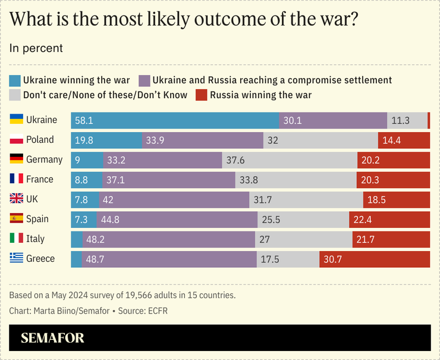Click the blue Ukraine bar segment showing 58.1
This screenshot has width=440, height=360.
(x=175, y=120)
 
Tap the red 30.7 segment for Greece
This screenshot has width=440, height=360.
(x=375, y=259)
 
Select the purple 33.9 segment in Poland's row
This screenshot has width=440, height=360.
(x=203, y=140)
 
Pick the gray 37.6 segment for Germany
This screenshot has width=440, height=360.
(x=290, y=159)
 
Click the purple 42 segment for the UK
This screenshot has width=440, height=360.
(x=174, y=199)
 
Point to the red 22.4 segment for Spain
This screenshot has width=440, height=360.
(x=389, y=219)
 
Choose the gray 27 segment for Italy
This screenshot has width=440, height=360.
(x=303, y=239)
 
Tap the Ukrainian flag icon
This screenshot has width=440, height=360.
(x=17, y=120)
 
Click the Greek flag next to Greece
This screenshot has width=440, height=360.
(x=17, y=258)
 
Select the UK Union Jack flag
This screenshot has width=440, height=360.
(x=17, y=199)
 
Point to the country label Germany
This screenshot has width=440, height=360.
(x=44, y=159)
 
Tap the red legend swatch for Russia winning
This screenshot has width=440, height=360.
(x=202, y=95)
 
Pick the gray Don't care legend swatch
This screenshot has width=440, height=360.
(x=15, y=95)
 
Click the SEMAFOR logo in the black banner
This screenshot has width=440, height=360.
(x=52, y=338)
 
